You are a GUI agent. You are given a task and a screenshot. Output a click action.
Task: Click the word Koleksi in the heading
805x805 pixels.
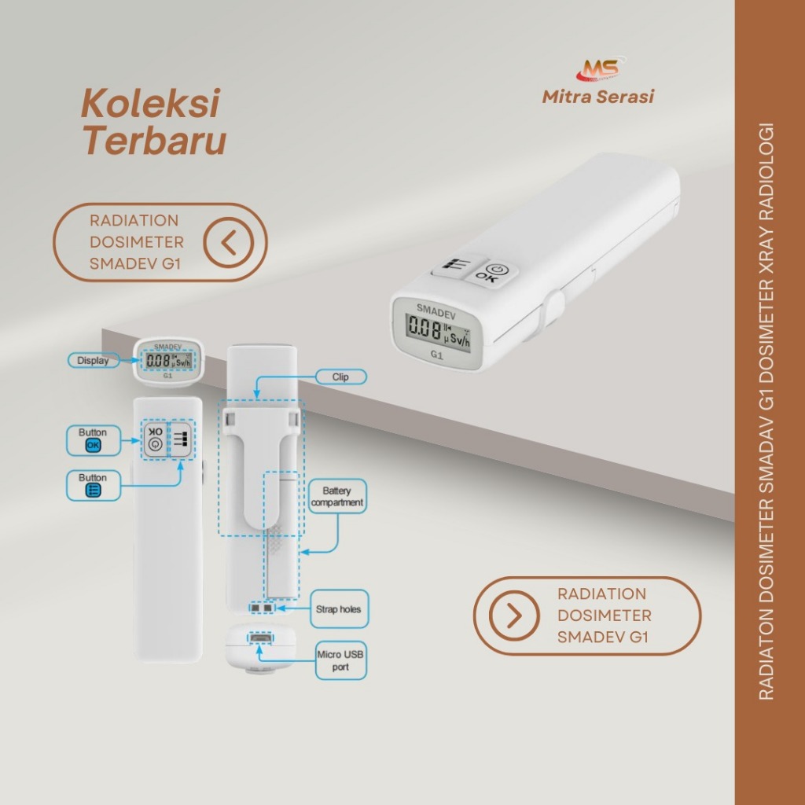pos(150,103)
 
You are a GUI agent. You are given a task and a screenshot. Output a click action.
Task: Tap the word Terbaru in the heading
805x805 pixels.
pos(155,140)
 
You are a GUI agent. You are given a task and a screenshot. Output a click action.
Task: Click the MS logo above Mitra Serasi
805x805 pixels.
pos(600,69)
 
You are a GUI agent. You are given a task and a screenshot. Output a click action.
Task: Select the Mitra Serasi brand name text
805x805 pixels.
pos(598,97)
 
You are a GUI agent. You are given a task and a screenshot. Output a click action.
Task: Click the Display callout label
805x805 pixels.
pos(94,360)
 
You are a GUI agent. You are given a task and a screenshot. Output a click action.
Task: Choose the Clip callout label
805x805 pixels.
pos(341,377)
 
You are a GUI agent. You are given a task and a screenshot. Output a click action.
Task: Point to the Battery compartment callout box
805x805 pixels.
pos(337,497)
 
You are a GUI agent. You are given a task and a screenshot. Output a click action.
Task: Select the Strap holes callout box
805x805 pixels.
pos(339,609)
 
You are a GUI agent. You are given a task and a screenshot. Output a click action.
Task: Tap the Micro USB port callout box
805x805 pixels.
pos(340,660)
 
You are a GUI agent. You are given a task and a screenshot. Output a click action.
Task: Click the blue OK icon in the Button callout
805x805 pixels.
pos(93,445)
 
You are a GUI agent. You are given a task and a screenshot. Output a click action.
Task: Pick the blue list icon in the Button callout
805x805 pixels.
pos(93,491)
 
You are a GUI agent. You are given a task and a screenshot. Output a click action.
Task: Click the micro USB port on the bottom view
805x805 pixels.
pos(261,638)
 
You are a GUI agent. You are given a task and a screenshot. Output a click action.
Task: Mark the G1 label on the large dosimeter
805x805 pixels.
pos(436,355)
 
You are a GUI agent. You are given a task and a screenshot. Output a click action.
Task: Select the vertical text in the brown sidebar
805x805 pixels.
pos(766,411)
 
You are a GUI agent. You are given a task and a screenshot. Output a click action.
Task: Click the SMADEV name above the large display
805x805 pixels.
pos(436,311)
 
